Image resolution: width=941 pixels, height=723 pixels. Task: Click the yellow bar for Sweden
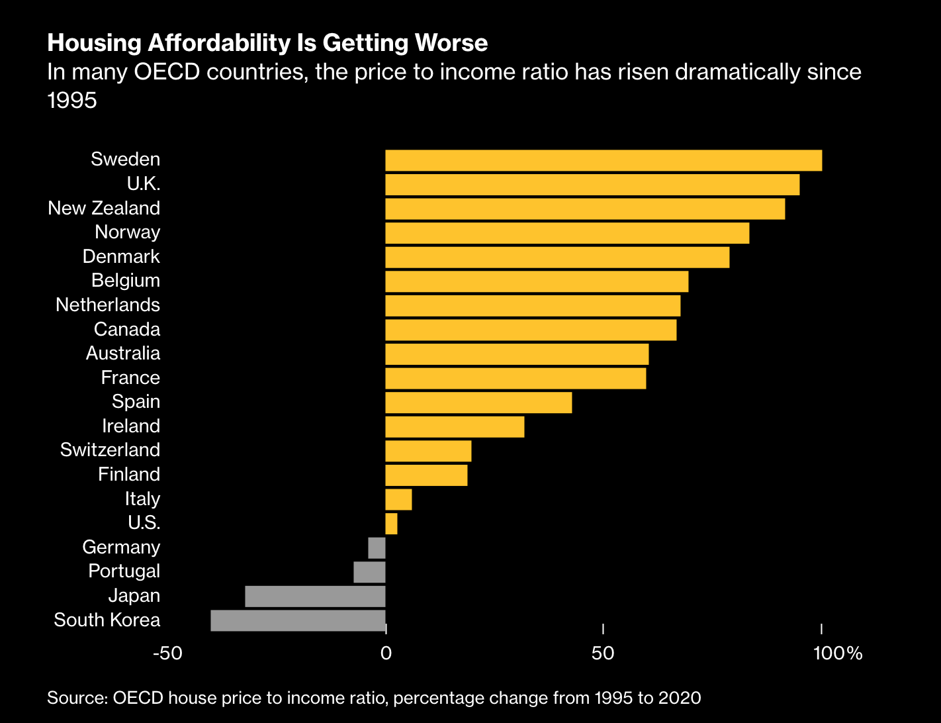tap(604, 161)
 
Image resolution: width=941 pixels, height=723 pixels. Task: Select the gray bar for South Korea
tap(298, 620)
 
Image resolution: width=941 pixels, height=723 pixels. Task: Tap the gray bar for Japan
tap(315, 597)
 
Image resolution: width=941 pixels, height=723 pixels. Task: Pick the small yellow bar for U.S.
tap(391, 524)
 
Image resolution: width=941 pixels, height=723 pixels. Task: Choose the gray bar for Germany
tap(377, 548)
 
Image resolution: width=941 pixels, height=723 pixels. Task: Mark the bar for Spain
tap(478, 403)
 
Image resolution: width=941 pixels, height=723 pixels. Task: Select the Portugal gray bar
tap(369, 572)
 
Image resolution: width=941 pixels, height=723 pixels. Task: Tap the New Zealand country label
tap(104, 208)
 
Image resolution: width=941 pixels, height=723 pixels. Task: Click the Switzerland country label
tap(110, 450)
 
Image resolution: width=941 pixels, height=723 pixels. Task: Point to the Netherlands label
tap(108, 305)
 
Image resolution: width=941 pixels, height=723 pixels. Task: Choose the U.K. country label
tap(144, 183)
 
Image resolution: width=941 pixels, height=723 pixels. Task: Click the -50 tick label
tap(167, 653)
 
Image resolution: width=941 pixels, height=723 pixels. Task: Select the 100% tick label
tap(838, 653)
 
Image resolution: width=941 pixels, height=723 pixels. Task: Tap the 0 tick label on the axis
tap(385, 653)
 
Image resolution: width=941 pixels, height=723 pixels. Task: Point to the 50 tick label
tap(603, 653)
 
